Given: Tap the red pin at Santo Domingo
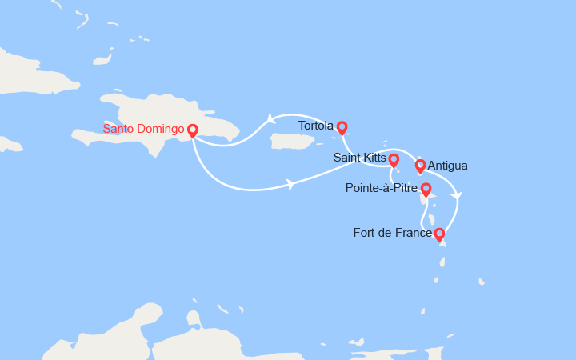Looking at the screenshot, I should pos(192,130).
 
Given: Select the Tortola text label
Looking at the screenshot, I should pos(315,126).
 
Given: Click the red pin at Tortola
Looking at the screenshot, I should pos(342,126).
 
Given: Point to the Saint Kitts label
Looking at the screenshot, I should pos(359,158).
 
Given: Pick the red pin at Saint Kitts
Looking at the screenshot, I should pos(394,158).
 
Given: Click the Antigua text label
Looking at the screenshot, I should pos(448,166).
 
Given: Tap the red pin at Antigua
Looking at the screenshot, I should pos(420,166).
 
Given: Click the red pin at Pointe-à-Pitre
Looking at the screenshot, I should pos(426,189).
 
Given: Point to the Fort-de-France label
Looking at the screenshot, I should pos(392,234).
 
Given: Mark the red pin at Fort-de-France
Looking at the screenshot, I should pos(438,234).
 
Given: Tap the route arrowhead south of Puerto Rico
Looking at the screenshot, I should pos(290,185).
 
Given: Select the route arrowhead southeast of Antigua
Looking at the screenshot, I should pos(456,195).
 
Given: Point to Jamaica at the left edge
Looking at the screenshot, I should pos(10,144).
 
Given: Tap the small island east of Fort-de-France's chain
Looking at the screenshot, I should pos(481,282).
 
